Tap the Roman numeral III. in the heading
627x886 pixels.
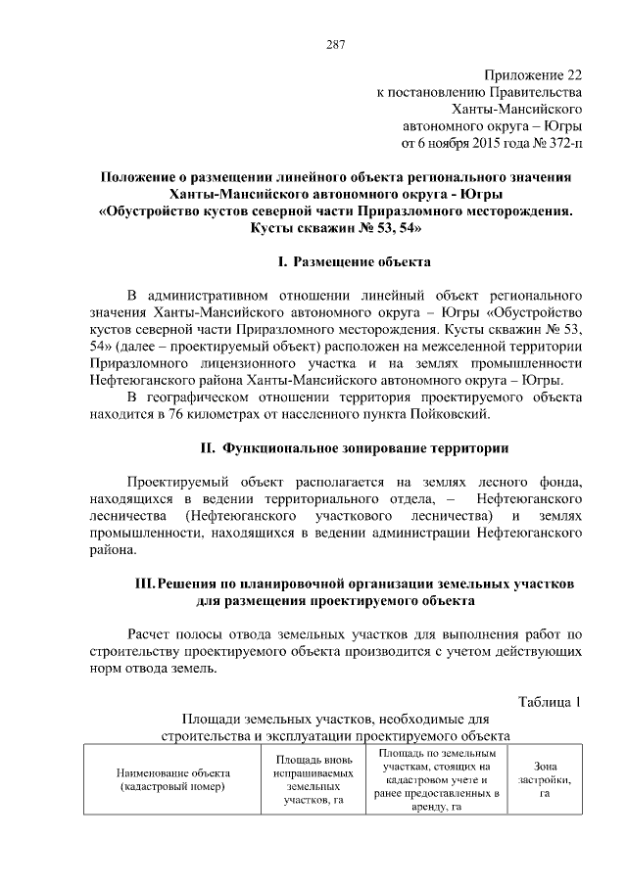(144, 583)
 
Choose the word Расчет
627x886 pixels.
(154, 634)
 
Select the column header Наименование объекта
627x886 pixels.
(171, 772)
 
